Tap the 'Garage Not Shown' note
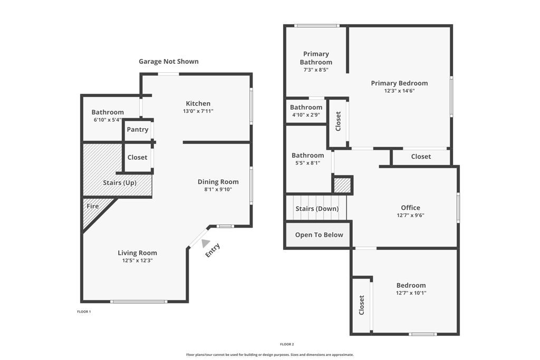point(169,62)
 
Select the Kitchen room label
point(198,103)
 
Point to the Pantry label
point(137,130)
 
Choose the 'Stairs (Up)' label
point(119,183)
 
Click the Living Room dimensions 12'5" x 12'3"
point(137,260)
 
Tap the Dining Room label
point(218,182)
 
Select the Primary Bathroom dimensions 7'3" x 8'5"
point(316,70)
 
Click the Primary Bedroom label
point(399,83)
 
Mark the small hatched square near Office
point(342,185)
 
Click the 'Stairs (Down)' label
point(317,209)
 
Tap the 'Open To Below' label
point(319,235)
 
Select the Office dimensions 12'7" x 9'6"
point(410,215)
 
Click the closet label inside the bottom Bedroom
point(361,305)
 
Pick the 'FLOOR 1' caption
point(84,312)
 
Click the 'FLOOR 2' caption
point(287,344)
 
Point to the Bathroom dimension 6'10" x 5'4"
point(108,120)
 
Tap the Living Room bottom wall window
point(139,301)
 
